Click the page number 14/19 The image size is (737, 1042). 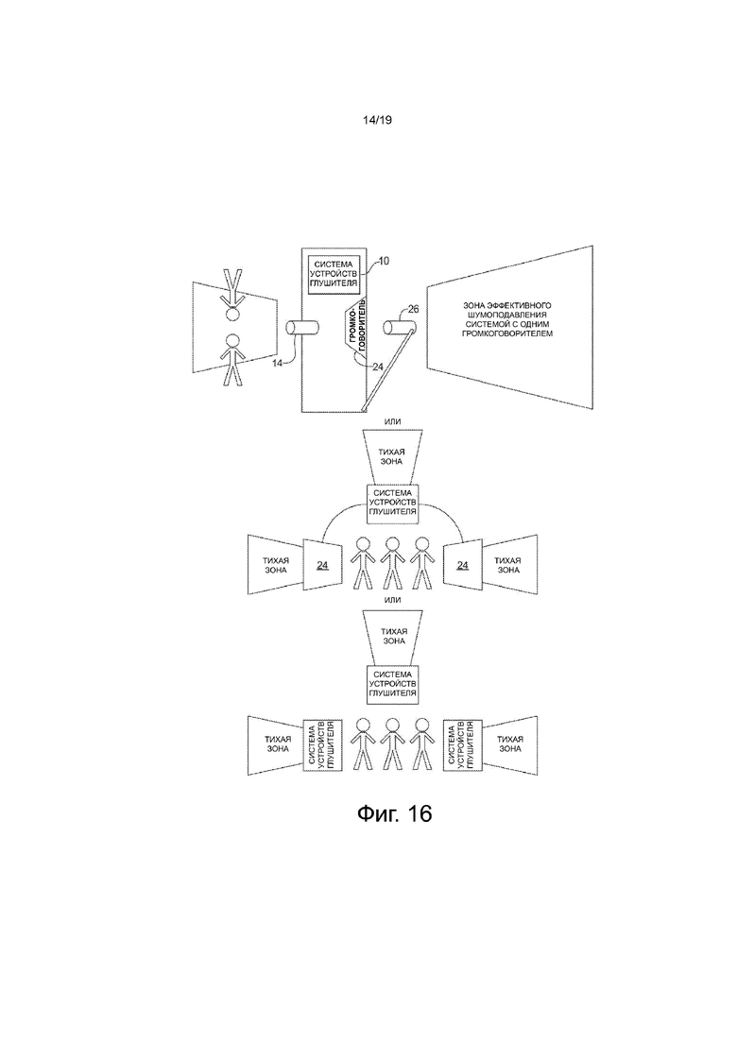(x=377, y=120)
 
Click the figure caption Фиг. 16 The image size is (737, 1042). (x=394, y=812)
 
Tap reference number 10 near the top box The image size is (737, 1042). (x=384, y=260)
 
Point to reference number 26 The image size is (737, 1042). (x=413, y=308)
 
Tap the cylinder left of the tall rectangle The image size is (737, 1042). (x=301, y=328)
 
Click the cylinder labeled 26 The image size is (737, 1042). (x=400, y=328)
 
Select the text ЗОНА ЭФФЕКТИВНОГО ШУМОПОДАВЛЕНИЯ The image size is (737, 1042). (x=507, y=310)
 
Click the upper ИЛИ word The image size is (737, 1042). (x=393, y=421)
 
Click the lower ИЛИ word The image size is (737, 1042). (x=393, y=600)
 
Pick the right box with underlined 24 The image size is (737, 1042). (x=463, y=564)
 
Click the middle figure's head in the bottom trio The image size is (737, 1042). (x=392, y=725)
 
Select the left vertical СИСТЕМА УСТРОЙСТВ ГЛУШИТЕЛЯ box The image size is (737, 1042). (x=323, y=744)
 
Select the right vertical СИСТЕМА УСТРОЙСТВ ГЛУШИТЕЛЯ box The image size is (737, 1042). (x=463, y=744)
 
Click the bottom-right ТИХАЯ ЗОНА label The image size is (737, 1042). (x=509, y=743)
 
